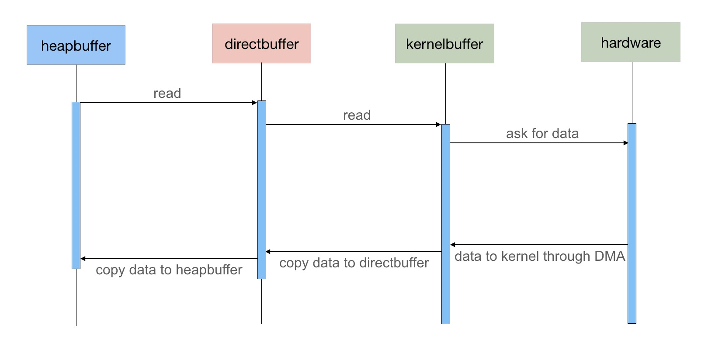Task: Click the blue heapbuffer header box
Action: click(x=76, y=45)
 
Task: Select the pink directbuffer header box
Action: click(x=261, y=44)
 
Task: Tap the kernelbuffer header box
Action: click(x=444, y=44)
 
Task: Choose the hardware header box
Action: click(x=631, y=42)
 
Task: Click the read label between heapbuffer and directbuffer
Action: click(x=167, y=93)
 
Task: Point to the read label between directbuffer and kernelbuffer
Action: click(x=357, y=115)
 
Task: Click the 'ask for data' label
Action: click(x=542, y=133)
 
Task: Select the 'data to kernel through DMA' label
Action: click(x=540, y=256)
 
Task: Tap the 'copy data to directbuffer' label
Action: click(x=354, y=263)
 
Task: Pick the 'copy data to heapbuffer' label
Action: click(x=169, y=270)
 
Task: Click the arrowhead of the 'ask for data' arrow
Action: click(x=625, y=143)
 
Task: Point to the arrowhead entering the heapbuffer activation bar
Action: click(x=83, y=259)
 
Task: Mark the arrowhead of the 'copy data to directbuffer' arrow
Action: click(x=268, y=251)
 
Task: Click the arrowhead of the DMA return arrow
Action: click(x=452, y=245)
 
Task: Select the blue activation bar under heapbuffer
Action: click(x=76, y=185)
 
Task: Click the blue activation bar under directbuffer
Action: click(x=262, y=190)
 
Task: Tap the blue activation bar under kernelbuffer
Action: click(x=446, y=224)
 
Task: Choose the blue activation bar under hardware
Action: click(x=632, y=223)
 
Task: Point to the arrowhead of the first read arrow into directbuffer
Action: click(x=255, y=103)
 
